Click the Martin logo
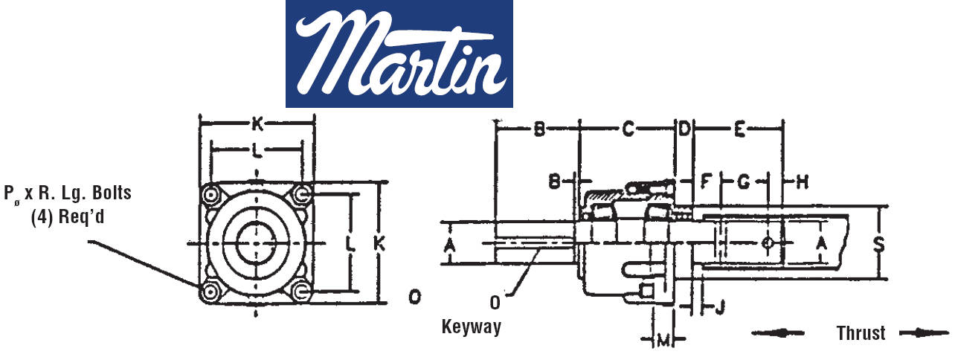(399, 54)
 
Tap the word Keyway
(471, 327)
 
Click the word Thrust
(861, 333)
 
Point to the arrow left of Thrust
(777, 333)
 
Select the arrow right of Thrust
(925, 333)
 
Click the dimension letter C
(628, 129)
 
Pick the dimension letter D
(684, 129)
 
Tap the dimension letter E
(740, 129)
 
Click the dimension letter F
(706, 182)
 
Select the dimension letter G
(744, 182)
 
